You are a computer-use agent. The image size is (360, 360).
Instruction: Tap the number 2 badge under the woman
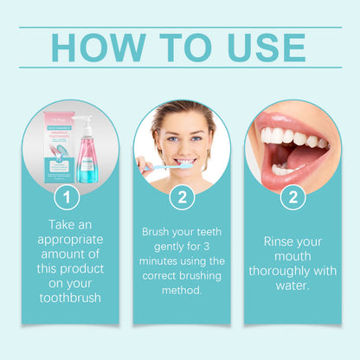(181, 197)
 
